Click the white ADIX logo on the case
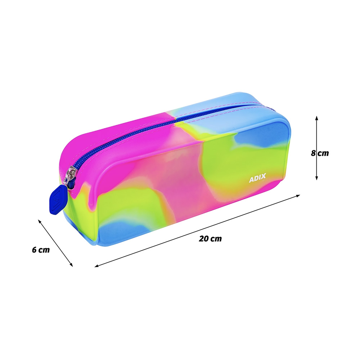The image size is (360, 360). click(x=257, y=178)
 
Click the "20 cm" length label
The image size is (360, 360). click(x=210, y=239)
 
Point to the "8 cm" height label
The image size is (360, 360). click(x=320, y=153)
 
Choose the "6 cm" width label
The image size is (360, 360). click(x=41, y=249)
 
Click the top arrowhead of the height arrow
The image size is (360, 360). click(x=316, y=118)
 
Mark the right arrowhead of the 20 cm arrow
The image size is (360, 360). click(x=298, y=196)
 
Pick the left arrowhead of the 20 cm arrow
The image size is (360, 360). click(x=96, y=266)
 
